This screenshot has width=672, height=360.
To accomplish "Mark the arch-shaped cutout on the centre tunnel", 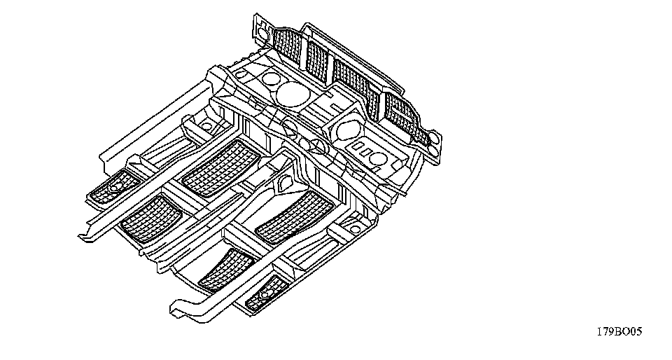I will (x=287, y=184).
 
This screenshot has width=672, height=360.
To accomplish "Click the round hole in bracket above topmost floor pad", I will (x=206, y=126).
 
